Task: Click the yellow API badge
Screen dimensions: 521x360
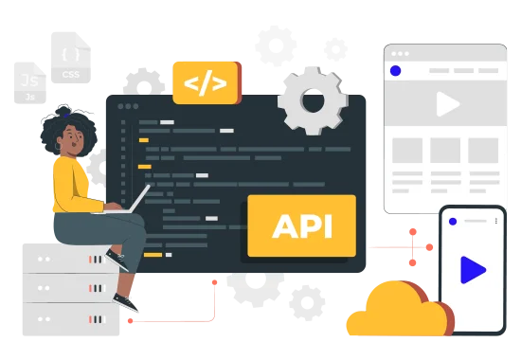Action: click(301, 225)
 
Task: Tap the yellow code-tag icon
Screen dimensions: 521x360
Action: click(206, 82)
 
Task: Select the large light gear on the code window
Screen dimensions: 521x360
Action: click(313, 100)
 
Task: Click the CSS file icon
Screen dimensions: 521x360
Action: click(71, 58)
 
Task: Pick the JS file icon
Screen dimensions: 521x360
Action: click(30, 83)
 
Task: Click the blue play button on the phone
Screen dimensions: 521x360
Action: click(473, 270)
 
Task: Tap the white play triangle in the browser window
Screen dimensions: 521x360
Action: click(447, 104)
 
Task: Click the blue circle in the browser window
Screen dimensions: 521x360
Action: click(395, 70)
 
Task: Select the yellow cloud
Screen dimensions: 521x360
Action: click(398, 309)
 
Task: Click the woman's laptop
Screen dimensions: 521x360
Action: click(125, 204)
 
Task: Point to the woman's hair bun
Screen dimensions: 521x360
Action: click(63, 110)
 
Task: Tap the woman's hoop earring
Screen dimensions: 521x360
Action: click(58, 146)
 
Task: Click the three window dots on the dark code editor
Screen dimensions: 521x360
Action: click(128, 106)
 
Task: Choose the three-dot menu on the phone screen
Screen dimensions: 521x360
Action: click(496, 221)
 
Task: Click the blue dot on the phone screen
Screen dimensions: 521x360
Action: click(453, 222)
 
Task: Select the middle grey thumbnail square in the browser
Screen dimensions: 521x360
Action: click(445, 151)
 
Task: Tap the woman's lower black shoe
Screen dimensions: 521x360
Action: click(126, 302)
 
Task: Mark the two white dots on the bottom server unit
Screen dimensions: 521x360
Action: click(44, 319)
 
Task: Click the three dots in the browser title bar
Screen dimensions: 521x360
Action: click(400, 54)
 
